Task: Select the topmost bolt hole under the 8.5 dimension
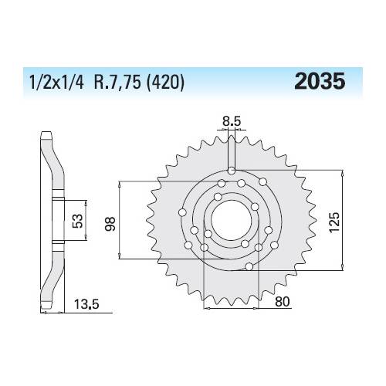tap(231, 171)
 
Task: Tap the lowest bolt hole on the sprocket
tap(249, 267)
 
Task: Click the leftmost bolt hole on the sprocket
tap(182, 212)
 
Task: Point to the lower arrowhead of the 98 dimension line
tap(120, 257)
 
